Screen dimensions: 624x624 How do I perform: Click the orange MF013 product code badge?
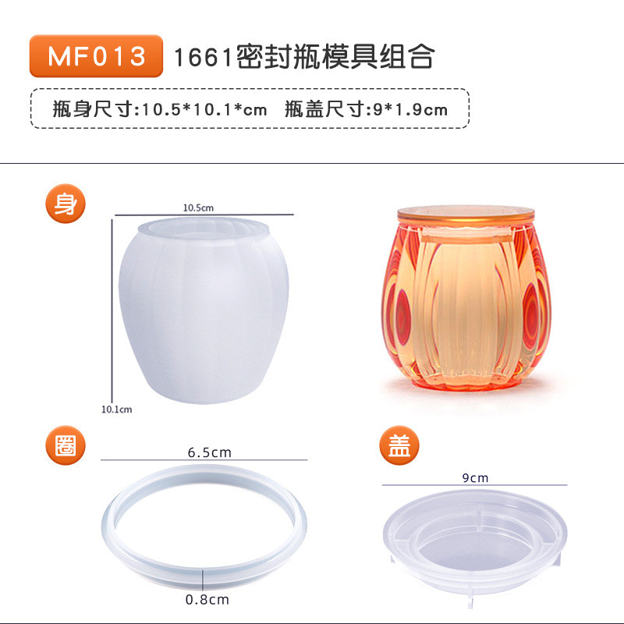pyautogui.click(x=96, y=55)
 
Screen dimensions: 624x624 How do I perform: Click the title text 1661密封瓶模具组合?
pyautogui.click(x=304, y=56)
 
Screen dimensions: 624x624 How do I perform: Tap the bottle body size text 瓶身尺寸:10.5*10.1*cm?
pyautogui.click(x=160, y=108)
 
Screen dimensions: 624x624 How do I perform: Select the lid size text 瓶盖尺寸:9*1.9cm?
pyautogui.click(x=366, y=108)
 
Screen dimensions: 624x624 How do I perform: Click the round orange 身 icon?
pyautogui.click(x=66, y=204)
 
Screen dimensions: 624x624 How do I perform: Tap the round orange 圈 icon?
pyautogui.click(x=66, y=445)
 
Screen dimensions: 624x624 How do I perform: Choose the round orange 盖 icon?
pyautogui.click(x=399, y=445)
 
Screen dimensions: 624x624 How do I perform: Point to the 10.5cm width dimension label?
pyautogui.click(x=198, y=207)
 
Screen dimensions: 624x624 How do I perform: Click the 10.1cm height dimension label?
pyautogui.click(x=116, y=409)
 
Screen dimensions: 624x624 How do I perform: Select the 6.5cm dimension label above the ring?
pyautogui.click(x=209, y=452)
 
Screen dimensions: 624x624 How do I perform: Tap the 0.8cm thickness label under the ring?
pyautogui.click(x=207, y=599)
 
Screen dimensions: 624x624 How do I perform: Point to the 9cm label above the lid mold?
pyautogui.click(x=475, y=477)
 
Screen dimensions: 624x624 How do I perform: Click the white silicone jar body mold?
pyautogui.click(x=204, y=310)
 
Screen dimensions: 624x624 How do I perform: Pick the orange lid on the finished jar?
pyautogui.click(x=466, y=216)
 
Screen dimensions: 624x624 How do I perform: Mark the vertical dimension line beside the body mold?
pyautogui.click(x=112, y=311)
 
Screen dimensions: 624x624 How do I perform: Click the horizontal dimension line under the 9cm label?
pyautogui.click(x=475, y=485)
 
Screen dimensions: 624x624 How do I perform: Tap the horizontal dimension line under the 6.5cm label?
pyautogui.click(x=204, y=460)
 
